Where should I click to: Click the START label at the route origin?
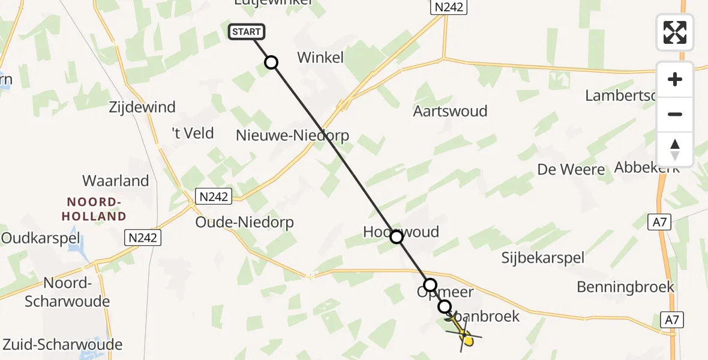tap(246, 32)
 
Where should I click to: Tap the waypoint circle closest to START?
tap(271, 62)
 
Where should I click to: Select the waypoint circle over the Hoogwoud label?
tap(397, 237)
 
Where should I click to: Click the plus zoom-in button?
tap(675, 79)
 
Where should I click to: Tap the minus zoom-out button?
tap(675, 115)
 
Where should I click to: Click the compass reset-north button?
tap(675, 149)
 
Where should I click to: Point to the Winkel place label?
tap(321, 58)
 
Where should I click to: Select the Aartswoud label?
tap(450, 111)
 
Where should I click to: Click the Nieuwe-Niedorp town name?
tap(293, 135)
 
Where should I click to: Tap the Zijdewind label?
tap(142, 107)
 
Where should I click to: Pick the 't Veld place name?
tap(193, 133)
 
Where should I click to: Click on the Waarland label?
tap(116, 181)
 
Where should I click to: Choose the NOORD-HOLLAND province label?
tap(97, 209)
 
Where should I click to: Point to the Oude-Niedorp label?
tap(245, 223)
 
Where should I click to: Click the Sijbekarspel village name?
tap(543, 258)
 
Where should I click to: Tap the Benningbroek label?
tap(626, 287)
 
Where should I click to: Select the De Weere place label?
tap(571, 169)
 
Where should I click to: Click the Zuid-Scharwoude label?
tap(62, 344)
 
